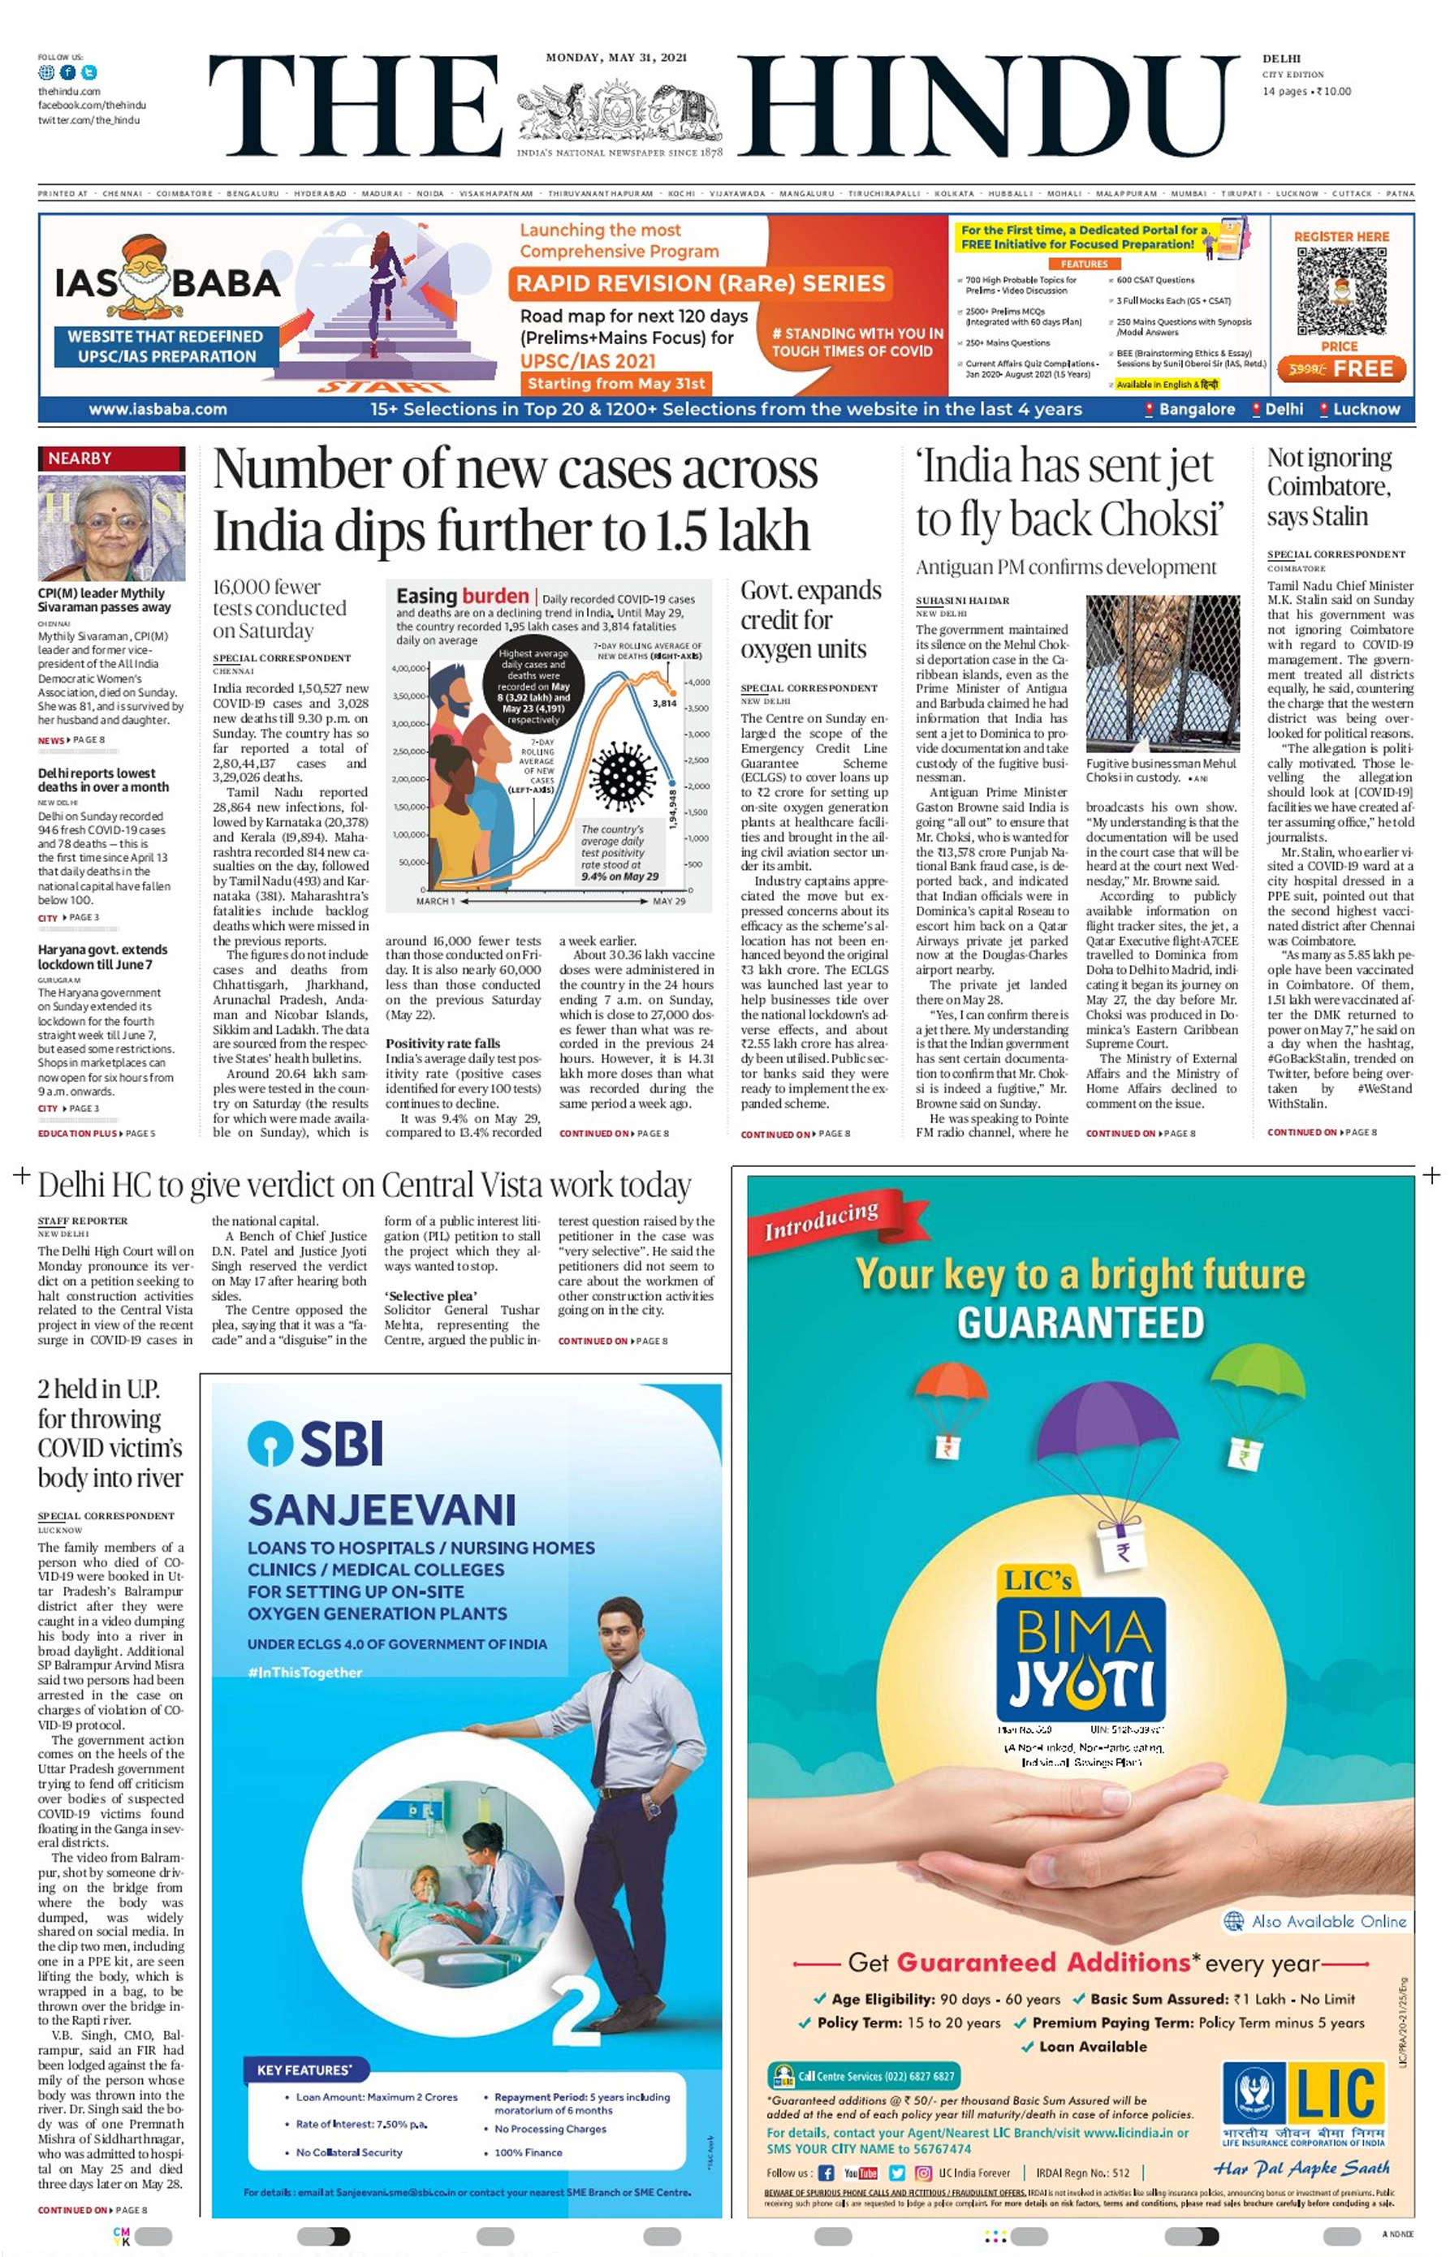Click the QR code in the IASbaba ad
tap(1340, 291)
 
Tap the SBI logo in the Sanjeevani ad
tap(316, 1443)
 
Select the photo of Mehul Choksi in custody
tap(1162, 673)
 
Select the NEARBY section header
tap(81, 459)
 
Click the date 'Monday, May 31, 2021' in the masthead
tap(617, 58)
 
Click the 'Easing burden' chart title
tap(462, 596)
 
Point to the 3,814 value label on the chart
tap(665, 703)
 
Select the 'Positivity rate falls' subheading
tap(442, 1043)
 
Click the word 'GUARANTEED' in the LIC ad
tap(1080, 1322)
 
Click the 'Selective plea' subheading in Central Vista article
tap(429, 1295)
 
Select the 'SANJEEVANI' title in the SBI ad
tap(382, 1510)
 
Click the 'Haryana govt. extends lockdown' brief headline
tap(102, 956)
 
